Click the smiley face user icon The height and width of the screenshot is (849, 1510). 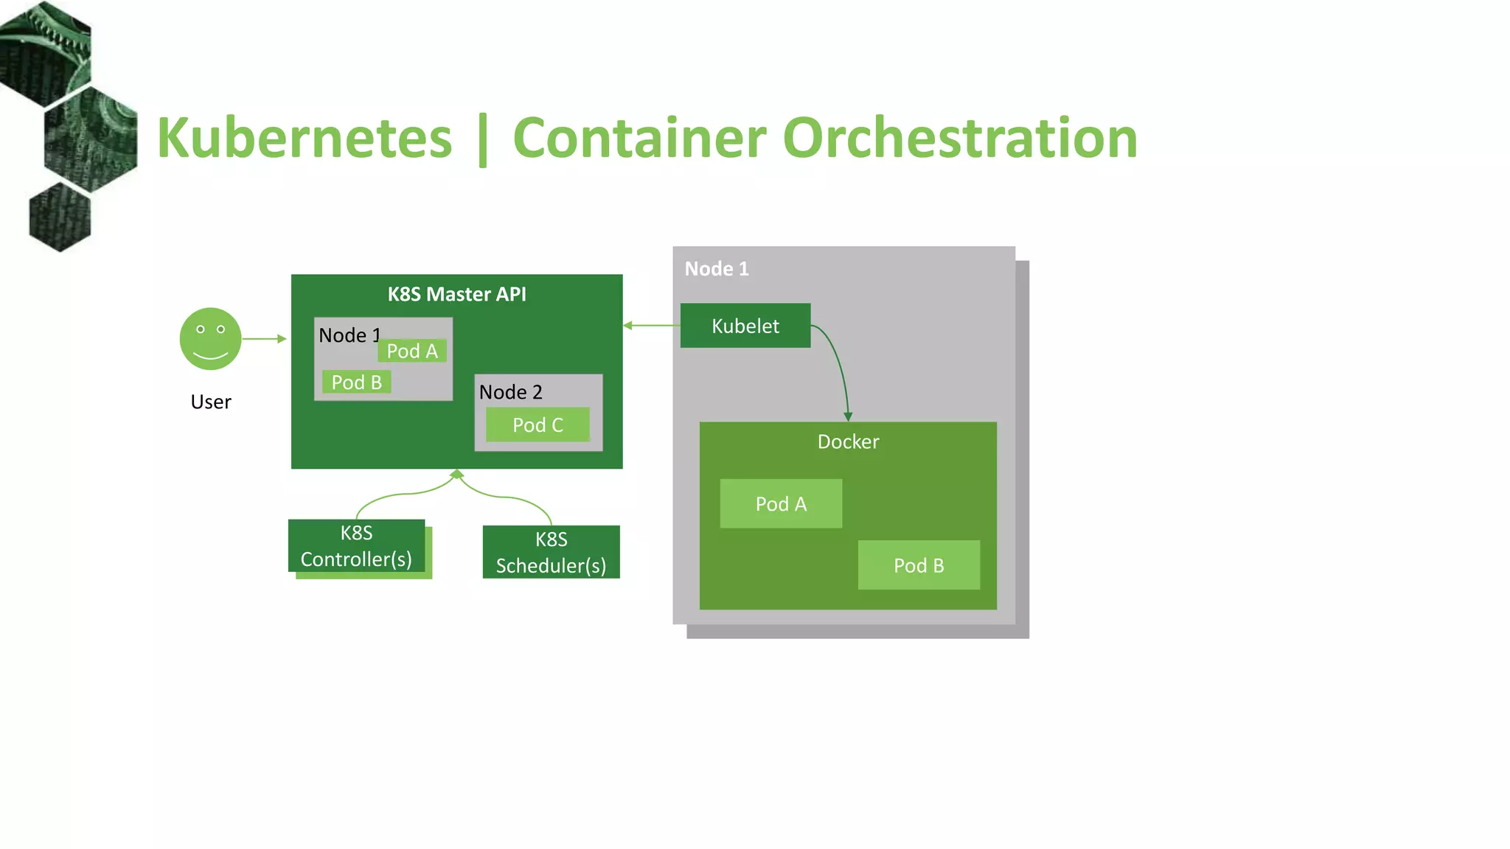[x=210, y=339]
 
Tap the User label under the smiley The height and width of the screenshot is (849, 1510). [x=211, y=402]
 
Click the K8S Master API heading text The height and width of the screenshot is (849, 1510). [x=456, y=294]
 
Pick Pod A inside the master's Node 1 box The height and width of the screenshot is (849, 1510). [x=412, y=351]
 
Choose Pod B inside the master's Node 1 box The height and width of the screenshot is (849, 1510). [x=356, y=382]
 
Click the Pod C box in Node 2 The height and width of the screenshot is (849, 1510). [x=537, y=424]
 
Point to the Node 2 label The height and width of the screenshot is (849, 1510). [x=510, y=392]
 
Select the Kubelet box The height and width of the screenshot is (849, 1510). [x=745, y=326]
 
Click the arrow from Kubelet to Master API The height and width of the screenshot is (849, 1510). [x=652, y=325]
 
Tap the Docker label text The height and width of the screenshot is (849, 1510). [x=848, y=441]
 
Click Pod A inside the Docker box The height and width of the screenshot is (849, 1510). [x=781, y=504]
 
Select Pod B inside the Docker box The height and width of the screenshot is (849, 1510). [x=919, y=565]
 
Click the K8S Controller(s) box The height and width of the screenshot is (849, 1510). [x=356, y=546]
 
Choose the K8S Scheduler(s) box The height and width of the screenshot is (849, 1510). [x=551, y=552]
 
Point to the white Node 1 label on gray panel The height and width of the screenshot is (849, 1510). [x=716, y=269]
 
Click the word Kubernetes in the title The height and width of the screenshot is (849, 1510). [x=304, y=139]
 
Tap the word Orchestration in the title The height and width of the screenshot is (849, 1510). [x=959, y=139]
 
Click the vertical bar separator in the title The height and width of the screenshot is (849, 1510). [x=482, y=140]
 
